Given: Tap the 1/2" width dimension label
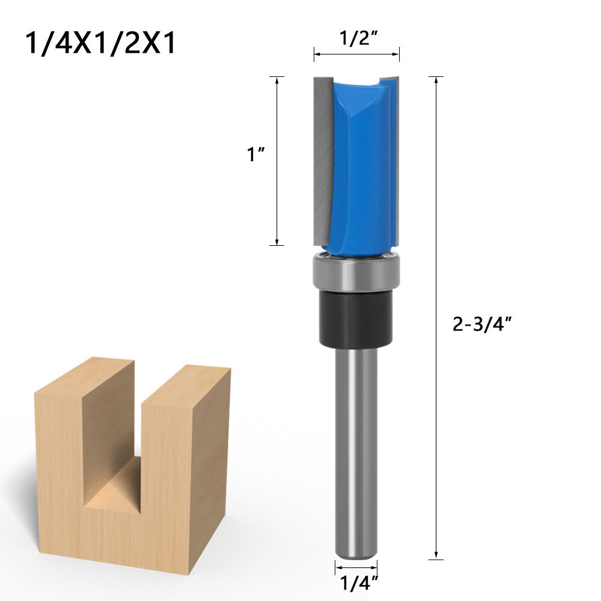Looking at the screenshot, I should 356,39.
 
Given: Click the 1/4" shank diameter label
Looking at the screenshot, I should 356,582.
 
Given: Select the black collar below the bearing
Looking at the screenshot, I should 356,319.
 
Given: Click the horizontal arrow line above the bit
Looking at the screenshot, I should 356,55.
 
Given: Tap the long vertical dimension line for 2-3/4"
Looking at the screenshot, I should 436,421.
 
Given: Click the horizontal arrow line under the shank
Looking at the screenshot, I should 356,567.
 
